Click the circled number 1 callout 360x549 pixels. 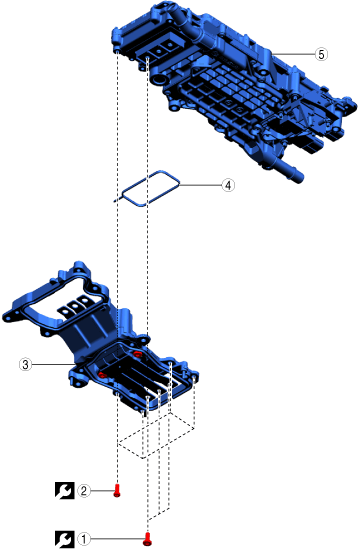click(83, 539)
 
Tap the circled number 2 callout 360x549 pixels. click(83, 491)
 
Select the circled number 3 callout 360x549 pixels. click(25, 364)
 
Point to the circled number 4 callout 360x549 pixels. click(228, 185)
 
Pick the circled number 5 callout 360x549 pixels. click(321, 54)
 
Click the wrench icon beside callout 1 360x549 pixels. click(65, 539)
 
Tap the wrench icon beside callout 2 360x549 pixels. click(65, 491)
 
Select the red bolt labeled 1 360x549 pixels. click(148, 539)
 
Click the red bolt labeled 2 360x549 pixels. click(117, 490)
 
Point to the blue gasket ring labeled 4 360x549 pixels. click(123, 193)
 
